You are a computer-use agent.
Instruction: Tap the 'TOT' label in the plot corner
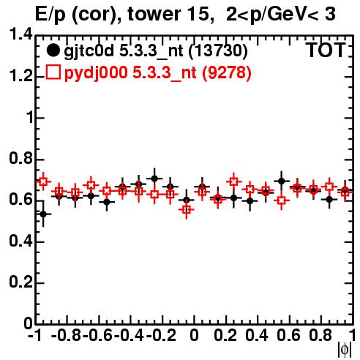pos(326,50)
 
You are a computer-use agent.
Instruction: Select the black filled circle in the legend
pos(53,50)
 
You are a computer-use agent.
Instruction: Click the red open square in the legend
pos(53,72)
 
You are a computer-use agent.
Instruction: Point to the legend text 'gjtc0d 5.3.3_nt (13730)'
pos(156,51)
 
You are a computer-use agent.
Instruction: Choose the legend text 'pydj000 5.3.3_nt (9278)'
pos(158,72)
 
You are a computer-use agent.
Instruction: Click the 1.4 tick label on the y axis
pos(21,34)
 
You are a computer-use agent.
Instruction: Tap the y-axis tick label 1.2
pos(21,76)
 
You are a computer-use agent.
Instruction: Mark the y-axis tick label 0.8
pos(21,159)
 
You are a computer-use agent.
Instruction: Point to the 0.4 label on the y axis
pos(21,241)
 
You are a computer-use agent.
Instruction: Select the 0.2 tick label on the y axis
pos(21,282)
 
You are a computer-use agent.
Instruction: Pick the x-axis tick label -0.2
pos(161,335)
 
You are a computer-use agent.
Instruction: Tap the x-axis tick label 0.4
pos(257,335)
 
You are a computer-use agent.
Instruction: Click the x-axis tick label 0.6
pos(288,335)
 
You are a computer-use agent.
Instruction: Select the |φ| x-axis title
pos(345,350)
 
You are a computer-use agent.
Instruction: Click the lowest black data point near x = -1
pos(43,214)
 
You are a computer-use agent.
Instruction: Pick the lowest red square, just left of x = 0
pos(187,209)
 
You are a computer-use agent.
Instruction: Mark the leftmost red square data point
pos(43,181)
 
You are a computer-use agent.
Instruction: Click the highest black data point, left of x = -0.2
pos(154,179)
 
